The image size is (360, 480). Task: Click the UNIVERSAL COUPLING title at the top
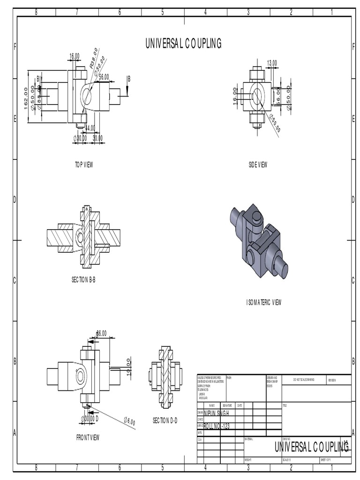183,44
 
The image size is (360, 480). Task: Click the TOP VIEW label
85,165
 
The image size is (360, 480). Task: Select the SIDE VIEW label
258,165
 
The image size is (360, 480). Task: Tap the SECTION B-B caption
83,279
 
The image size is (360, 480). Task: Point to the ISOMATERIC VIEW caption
264,302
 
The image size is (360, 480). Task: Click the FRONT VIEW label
88,437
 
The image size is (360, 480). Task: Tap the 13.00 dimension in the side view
272,63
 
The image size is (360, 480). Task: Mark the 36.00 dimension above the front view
101,333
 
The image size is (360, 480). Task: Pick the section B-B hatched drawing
83,236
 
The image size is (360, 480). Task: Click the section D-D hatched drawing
165,377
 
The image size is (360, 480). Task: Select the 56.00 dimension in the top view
104,77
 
